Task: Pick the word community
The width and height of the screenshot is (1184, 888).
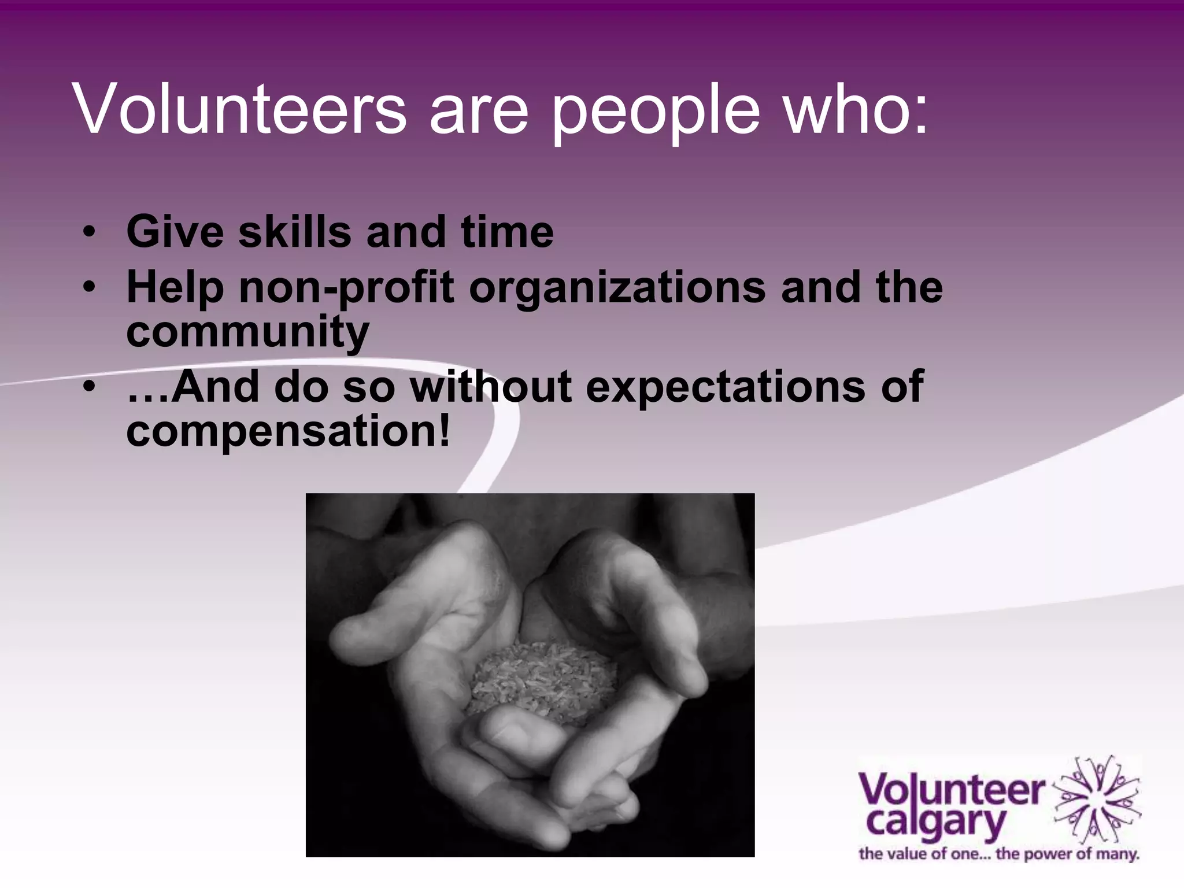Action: click(247, 332)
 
